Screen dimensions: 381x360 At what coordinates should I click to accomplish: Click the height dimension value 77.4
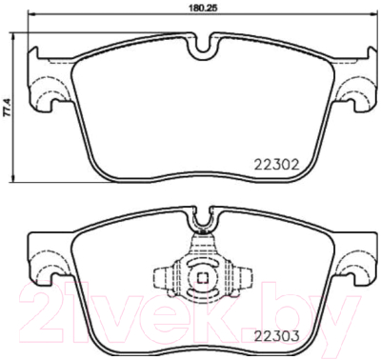(8, 108)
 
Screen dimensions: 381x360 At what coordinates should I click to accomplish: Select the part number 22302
(277, 165)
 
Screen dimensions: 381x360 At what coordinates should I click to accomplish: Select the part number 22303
(277, 335)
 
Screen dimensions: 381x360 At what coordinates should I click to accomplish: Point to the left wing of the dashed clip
(163, 277)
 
